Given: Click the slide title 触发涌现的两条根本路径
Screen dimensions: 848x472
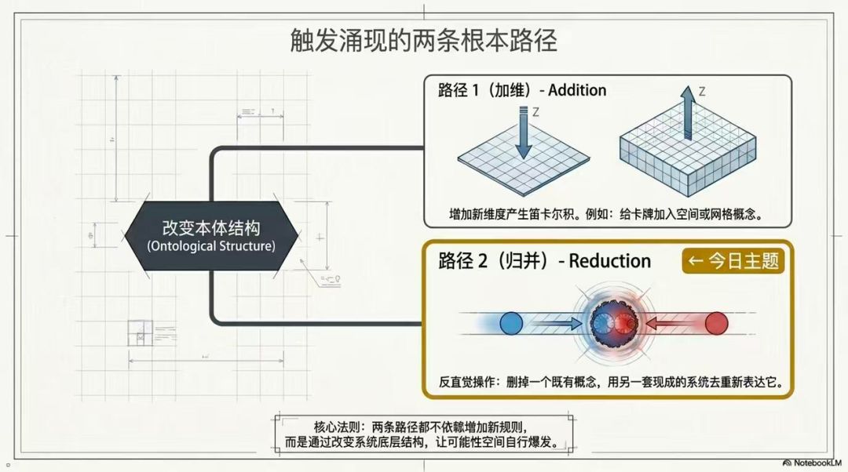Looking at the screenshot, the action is pyautogui.click(x=423, y=41).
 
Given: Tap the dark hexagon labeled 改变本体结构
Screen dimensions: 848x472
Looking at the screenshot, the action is pyautogui.click(x=211, y=236).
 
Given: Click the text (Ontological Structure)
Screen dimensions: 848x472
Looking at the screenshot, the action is pyautogui.click(x=211, y=246).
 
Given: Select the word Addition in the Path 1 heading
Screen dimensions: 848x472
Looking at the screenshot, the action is pyautogui.click(x=577, y=90).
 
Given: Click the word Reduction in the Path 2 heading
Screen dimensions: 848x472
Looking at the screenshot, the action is pyautogui.click(x=609, y=261).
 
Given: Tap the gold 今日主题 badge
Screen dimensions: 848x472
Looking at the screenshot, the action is pyautogui.click(x=733, y=261).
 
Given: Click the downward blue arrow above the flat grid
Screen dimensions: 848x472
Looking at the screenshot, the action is pyautogui.click(x=523, y=133).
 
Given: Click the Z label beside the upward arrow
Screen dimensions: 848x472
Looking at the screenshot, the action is pyautogui.click(x=702, y=92).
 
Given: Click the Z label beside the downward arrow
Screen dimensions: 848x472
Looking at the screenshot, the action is pyautogui.click(x=536, y=112).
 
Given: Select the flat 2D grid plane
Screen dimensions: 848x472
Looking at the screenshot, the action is pyautogui.click(x=524, y=161).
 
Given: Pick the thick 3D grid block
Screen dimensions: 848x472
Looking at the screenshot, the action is pyautogui.click(x=688, y=151).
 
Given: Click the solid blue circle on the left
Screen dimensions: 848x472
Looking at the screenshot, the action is pyautogui.click(x=511, y=324).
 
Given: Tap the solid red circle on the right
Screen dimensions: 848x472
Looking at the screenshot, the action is pyautogui.click(x=717, y=324).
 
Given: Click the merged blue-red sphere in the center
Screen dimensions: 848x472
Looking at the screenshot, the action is pyautogui.click(x=613, y=323).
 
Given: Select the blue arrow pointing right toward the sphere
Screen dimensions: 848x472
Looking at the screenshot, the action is pyautogui.click(x=557, y=324).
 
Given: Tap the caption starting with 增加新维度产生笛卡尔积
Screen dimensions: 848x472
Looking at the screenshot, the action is pyautogui.click(x=606, y=214).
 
